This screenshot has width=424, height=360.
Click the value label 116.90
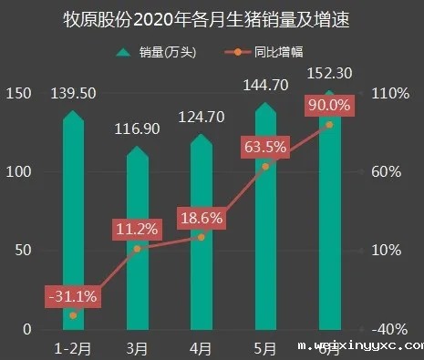click(137, 129)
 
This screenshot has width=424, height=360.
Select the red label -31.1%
click(72, 296)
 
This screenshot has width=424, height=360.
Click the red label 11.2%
click(137, 229)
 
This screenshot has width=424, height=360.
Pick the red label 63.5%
click(264, 147)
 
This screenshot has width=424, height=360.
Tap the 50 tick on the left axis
click(22, 251)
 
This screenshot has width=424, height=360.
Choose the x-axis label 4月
click(201, 347)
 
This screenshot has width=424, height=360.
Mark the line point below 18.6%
click(202, 236)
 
